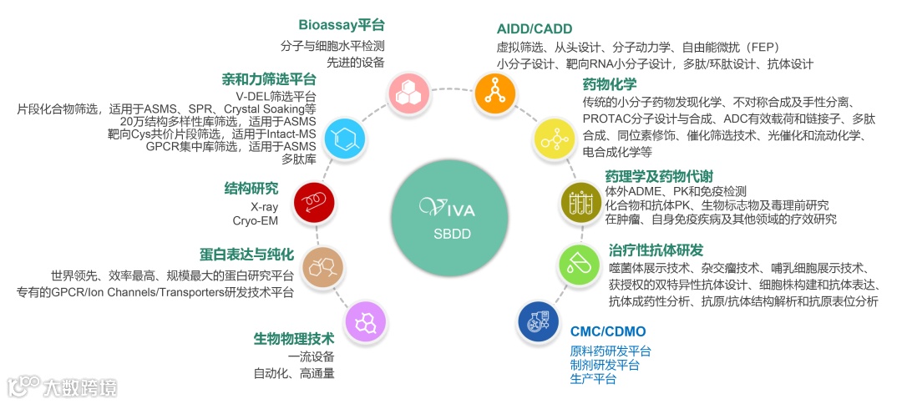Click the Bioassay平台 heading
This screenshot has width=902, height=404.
(x=342, y=25)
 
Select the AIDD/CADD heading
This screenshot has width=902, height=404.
(x=535, y=28)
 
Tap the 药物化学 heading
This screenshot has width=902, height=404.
(x=610, y=84)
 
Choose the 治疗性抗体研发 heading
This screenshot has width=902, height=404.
(x=656, y=250)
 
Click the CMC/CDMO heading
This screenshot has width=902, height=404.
(x=607, y=331)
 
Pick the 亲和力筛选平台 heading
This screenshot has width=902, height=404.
(x=269, y=79)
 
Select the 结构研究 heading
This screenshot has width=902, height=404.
(x=251, y=188)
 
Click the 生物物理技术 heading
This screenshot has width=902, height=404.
(x=294, y=339)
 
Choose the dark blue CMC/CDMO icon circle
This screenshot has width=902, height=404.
(x=539, y=321)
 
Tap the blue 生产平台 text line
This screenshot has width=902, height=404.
(x=593, y=380)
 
